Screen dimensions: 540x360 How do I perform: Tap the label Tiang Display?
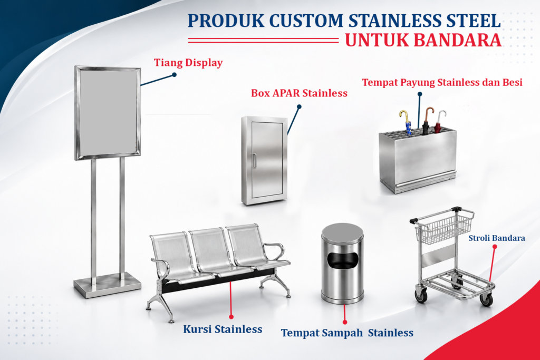click(188, 63)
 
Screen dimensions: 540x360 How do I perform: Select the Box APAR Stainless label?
click(299, 93)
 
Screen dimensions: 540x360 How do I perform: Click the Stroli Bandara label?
click(497, 238)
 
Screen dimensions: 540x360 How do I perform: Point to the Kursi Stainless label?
click(223, 329)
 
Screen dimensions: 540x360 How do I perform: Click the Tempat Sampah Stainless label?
click(347, 333)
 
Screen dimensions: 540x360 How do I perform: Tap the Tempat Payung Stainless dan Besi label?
click(442, 83)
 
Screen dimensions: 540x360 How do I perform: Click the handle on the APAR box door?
click(254, 161)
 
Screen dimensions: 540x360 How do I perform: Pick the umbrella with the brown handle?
click(427, 121)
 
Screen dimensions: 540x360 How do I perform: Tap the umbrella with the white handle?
click(439, 122)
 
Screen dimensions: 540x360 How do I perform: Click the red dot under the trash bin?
click(345, 322)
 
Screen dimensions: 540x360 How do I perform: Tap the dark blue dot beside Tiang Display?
click(174, 75)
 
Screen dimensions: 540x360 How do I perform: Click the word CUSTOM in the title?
click(306, 21)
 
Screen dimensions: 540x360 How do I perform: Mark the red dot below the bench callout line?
click(231, 317)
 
